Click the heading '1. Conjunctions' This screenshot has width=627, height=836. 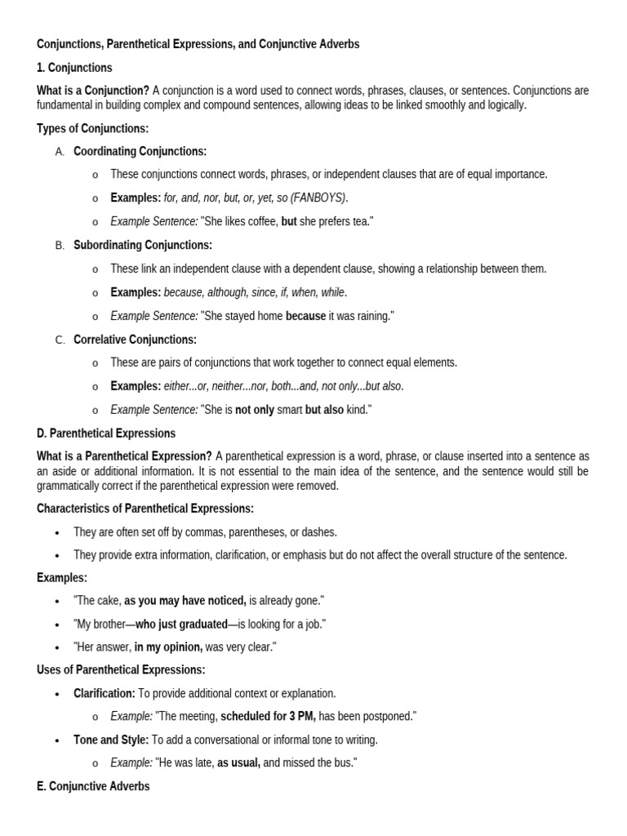point(74,68)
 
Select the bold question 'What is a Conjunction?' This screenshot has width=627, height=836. point(93,91)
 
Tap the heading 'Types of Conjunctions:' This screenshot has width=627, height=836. point(93,128)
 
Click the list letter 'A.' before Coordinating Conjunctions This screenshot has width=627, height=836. point(60,151)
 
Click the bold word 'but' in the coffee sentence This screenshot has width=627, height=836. point(289,221)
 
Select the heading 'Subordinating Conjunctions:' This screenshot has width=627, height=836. point(143,245)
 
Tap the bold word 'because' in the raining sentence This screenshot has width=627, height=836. point(305,316)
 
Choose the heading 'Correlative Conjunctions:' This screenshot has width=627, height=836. point(135,340)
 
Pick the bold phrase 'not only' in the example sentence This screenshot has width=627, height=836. point(255,410)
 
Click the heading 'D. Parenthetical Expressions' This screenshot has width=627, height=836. point(106,434)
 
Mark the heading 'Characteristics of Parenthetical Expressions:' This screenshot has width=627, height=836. point(145,509)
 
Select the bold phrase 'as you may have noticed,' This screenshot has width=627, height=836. point(185,601)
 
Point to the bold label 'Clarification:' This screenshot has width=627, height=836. point(104,693)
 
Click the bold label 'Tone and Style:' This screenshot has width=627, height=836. point(111,740)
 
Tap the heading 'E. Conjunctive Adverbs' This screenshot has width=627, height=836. point(93,786)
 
